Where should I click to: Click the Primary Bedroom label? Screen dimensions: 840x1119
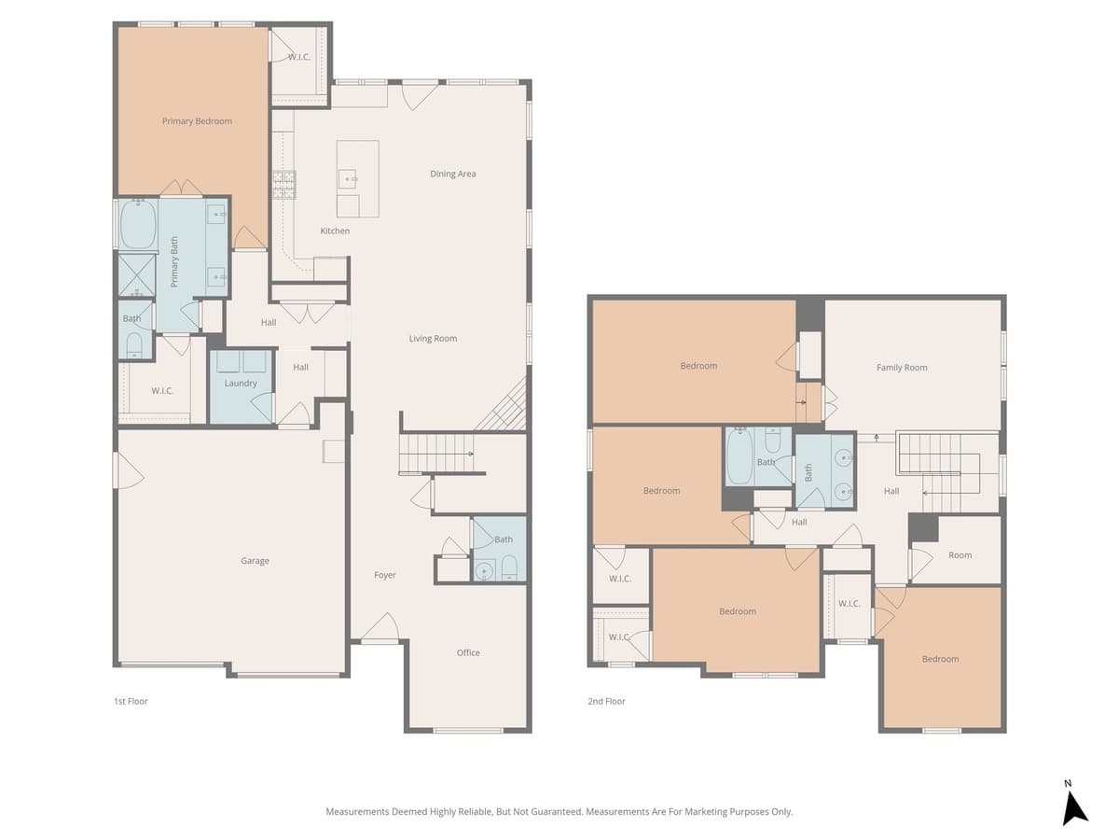pyautogui.click(x=197, y=121)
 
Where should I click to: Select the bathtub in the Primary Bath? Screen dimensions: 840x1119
pyautogui.click(x=138, y=226)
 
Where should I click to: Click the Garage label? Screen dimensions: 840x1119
pyautogui.click(x=255, y=561)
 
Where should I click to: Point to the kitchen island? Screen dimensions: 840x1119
pyautogui.click(x=357, y=178)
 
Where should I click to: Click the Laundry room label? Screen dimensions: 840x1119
pyautogui.click(x=241, y=384)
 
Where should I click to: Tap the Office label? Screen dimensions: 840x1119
pyautogui.click(x=468, y=652)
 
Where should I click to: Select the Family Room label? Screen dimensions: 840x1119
pyautogui.click(x=902, y=368)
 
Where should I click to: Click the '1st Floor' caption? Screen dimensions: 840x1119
pyautogui.click(x=131, y=701)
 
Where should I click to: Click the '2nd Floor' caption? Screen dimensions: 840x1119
pyautogui.click(x=606, y=701)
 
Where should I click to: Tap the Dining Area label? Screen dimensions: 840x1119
pyautogui.click(x=453, y=174)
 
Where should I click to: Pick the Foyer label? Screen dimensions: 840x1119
pyautogui.click(x=385, y=575)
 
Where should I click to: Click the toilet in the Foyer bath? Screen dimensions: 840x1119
pyautogui.click(x=509, y=568)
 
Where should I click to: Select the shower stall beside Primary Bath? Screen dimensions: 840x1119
pyautogui.click(x=136, y=274)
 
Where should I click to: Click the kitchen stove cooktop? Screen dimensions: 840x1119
pyautogui.click(x=283, y=185)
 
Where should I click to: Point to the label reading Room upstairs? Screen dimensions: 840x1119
pyautogui.click(x=960, y=555)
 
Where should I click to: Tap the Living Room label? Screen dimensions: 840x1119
pyautogui.click(x=433, y=339)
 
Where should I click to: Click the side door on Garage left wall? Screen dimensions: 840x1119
pyautogui.click(x=117, y=470)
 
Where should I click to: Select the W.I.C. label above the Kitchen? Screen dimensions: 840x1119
pyautogui.click(x=298, y=57)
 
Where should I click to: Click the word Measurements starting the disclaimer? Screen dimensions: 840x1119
pyautogui.click(x=357, y=812)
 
